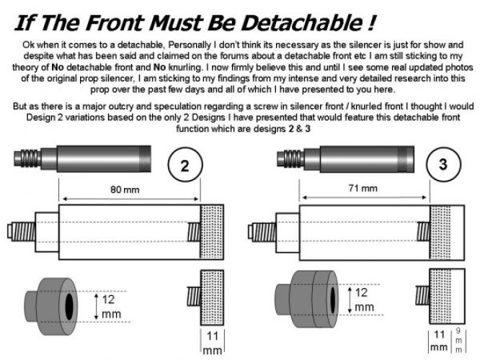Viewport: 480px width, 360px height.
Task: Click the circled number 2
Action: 185,165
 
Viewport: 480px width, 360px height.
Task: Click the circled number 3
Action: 443,165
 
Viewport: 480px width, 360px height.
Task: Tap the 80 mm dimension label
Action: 125,189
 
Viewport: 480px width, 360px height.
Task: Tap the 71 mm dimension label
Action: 363,188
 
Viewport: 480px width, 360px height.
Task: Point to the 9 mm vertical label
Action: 458,340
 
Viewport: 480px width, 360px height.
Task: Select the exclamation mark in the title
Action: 371,23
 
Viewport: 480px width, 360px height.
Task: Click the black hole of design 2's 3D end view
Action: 69,307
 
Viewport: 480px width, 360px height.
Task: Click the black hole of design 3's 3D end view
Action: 333,300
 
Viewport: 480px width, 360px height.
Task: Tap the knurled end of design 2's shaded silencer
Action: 145,158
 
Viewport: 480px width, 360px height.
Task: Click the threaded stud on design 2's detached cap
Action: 194,296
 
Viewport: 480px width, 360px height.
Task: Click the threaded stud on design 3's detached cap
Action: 422,295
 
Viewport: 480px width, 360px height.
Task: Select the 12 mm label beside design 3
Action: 364,300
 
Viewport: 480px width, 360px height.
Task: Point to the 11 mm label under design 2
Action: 213,343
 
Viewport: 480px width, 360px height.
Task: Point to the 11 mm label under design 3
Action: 439,341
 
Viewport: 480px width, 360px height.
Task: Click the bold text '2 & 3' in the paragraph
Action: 299,129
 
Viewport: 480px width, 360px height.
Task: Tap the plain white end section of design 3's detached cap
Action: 458,296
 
